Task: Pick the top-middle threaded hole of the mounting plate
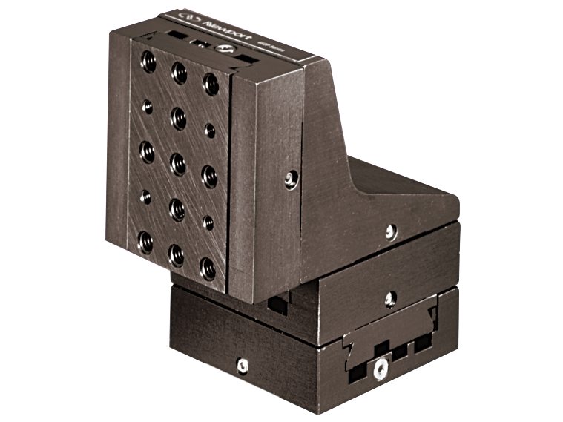pyautogui.click(x=179, y=72)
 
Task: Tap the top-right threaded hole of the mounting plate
pyautogui.click(x=211, y=82)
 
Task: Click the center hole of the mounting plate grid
pyautogui.click(x=178, y=162)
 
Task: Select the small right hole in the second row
pyautogui.click(x=210, y=131)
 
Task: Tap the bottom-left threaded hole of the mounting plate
pyautogui.click(x=145, y=242)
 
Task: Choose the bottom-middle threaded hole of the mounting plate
pyautogui.click(x=177, y=255)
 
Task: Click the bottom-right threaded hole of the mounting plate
pyautogui.click(x=208, y=268)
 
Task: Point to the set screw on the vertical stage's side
pyautogui.click(x=291, y=178)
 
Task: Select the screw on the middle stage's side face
pyautogui.click(x=390, y=299)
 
